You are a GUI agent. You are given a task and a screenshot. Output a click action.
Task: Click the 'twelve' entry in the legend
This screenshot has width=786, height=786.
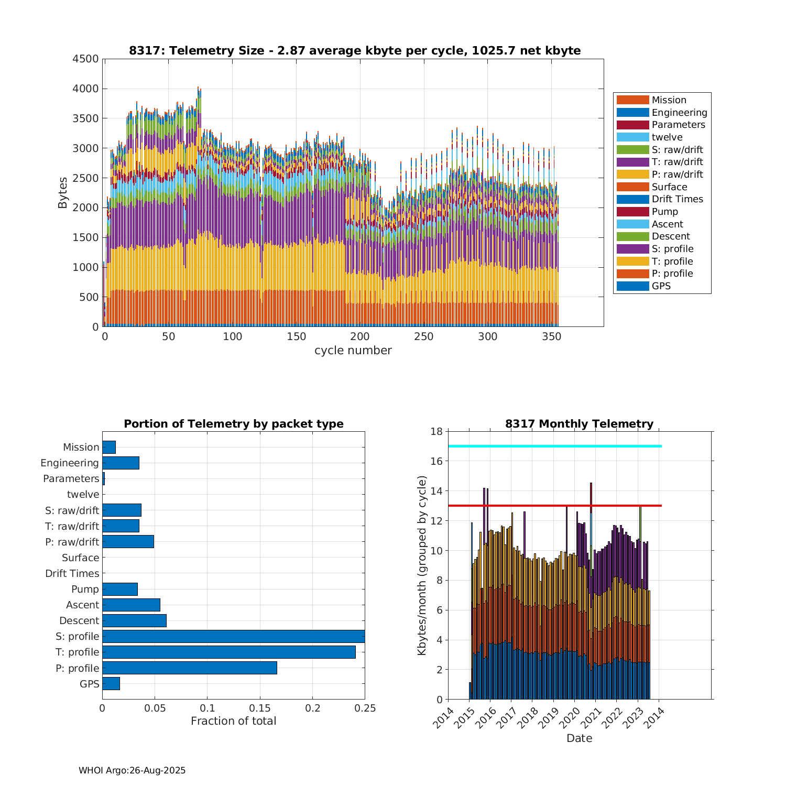tap(667, 137)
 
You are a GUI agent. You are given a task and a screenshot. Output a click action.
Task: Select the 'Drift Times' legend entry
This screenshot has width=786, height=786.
tap(677, 199)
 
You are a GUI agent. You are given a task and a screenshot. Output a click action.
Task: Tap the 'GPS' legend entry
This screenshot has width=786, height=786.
tap(661, 286)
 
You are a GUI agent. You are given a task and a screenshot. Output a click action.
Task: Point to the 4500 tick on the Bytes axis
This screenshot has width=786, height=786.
tap(85, 59)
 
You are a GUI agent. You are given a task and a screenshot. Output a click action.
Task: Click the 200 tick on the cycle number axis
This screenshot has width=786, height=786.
tap(360, 336)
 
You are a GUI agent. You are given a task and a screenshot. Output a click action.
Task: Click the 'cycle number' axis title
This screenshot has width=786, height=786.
tap(353, 351)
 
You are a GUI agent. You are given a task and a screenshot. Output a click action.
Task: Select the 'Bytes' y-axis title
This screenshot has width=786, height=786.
tap(63, 193)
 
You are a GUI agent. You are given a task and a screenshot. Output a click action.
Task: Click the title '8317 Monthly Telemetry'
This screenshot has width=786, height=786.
tap(579, 424)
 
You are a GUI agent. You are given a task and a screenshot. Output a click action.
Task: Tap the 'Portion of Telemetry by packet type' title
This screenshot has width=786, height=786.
tap(234, 424)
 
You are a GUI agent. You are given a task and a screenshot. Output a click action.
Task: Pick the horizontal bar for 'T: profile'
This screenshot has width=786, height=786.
tap(229, 652)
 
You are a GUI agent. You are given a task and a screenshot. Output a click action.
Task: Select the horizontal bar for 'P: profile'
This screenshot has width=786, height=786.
tap(190, 668)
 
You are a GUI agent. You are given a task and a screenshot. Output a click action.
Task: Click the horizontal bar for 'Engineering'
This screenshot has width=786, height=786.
tap(121, 463)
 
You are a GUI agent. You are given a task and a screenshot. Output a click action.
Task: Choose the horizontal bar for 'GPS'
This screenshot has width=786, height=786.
tap(111, 683)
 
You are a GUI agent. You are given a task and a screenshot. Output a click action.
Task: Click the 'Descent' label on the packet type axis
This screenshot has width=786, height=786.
tap(79, 620)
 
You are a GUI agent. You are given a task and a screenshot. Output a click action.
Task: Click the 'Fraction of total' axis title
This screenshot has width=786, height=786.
tap(233, 721)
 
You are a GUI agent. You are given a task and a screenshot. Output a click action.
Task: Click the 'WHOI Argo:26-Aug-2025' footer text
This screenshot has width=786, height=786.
tap(132, 770)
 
